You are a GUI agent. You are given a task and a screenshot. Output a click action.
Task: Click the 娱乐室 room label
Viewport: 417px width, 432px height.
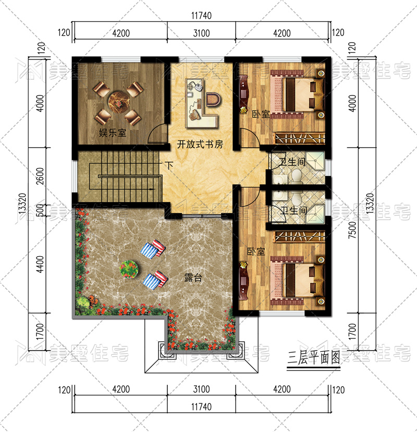113,133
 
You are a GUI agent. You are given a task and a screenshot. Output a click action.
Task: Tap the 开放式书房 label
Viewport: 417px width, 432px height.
200,144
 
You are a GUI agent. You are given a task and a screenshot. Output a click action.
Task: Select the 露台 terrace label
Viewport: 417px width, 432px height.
193,278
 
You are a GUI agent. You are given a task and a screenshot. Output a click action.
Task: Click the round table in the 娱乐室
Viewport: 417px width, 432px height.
118,101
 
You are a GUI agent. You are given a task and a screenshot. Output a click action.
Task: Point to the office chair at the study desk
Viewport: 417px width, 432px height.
213,99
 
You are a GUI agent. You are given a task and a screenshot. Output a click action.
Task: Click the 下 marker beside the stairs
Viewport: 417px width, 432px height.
169,165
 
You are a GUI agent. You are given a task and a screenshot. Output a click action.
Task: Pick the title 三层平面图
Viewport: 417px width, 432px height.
314,357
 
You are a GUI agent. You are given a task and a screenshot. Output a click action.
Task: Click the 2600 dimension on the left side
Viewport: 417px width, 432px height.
40,176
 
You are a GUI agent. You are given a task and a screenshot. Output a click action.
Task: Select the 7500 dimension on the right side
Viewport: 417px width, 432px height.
352,230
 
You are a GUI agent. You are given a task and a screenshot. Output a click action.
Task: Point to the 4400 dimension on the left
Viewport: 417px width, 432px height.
40,265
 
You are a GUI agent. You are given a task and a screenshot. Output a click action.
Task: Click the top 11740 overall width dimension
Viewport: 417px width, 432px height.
202,16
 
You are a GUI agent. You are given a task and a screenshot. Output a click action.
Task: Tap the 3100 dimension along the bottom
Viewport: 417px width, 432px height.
202,389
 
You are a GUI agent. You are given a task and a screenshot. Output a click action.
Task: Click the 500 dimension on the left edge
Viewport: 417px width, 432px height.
40,210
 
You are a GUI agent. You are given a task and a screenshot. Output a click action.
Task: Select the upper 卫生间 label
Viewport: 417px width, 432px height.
292,161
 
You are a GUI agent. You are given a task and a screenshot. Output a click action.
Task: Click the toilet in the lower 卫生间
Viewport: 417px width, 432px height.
296,199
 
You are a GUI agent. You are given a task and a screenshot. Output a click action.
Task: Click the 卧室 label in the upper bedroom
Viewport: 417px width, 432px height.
261,114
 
